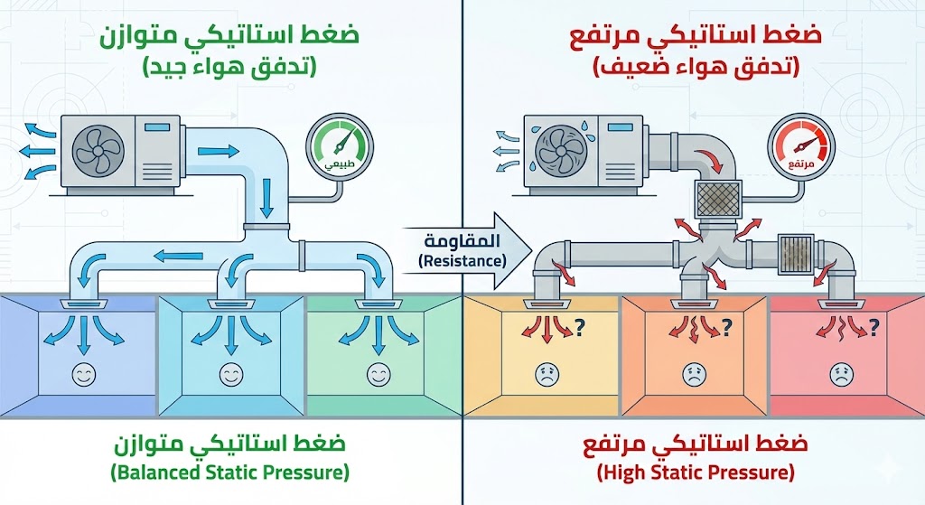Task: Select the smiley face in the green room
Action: tap(377, 373)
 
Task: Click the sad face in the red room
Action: tap(839, 375)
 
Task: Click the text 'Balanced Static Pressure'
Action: tap(229, 472)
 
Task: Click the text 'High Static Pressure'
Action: tap(696, 472)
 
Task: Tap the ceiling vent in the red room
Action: tap(839, 304)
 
